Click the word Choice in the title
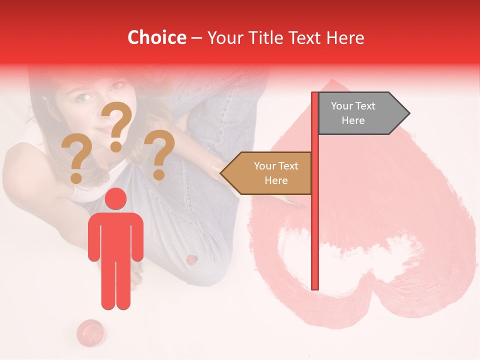coord(156,37)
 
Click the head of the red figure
coord(116,198)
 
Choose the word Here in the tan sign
coord(276,180)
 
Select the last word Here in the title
coord(344,37)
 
